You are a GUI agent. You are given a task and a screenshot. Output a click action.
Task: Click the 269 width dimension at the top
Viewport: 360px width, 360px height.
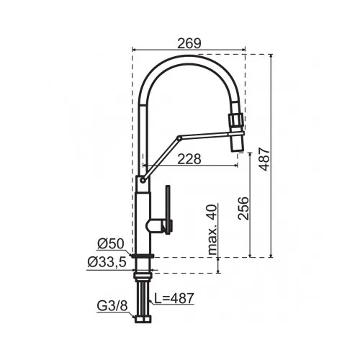[189, 43]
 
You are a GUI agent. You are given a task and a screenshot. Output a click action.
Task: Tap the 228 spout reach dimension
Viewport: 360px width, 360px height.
[189, 159]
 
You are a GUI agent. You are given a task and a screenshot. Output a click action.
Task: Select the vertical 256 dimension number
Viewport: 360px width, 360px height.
[243, 208]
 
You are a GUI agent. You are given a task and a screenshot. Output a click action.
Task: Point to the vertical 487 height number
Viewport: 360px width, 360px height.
[265, 159]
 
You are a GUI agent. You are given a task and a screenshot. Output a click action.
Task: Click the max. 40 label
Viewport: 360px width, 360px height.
[212, 230]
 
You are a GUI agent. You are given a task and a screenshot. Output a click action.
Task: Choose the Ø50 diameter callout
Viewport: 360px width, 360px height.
[111, 244]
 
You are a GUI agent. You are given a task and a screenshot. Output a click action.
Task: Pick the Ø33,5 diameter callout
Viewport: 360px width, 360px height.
[107, 262]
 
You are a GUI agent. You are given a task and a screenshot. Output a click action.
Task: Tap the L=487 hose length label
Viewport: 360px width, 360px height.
[174, 298]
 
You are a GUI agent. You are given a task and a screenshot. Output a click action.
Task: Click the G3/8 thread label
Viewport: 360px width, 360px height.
[112, 306]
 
